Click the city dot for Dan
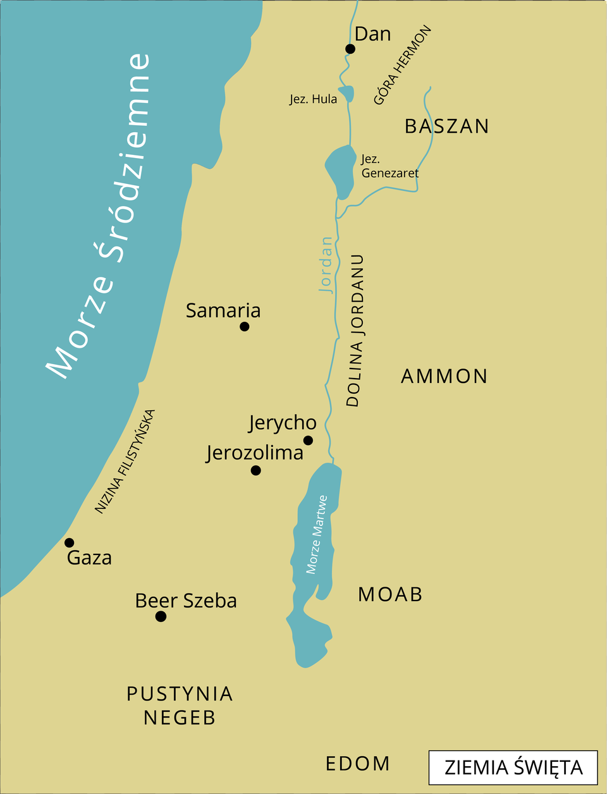point(350,49)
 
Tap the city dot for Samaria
point(245,326)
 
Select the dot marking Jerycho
point(308,440)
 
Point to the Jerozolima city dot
point(255,470)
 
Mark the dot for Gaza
point(70,542)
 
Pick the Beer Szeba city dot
point(161,616)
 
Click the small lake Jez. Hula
point(346,94)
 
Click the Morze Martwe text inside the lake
point(316,534)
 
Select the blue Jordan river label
point(326,265)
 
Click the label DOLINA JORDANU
point(356,331)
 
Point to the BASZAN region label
point(446,126)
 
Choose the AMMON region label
point(444,376)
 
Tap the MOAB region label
point(390,594)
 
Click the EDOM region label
point(357,764)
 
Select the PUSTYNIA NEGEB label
point(180,705)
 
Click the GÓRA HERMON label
point(402,65)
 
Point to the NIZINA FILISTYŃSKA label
point(125,461)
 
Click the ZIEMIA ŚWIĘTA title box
point(513,767)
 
